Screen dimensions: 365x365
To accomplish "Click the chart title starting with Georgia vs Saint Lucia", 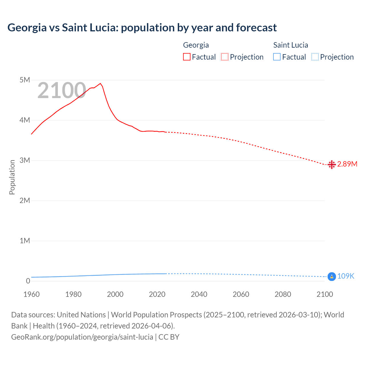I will click(x=142, y=28).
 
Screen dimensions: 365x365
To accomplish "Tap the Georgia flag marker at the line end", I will click(x=331, y=165).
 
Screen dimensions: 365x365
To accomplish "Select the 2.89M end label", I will click(x=347, y=164).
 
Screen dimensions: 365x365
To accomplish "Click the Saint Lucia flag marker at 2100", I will click(x=331, y=277).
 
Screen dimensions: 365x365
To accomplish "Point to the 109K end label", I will click(x=346, y=276).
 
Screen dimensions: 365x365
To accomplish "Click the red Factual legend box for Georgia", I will click(x=187, y=57).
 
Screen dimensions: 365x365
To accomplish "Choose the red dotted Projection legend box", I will click(x=225, y=57).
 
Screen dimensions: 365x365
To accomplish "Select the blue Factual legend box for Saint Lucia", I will click(x=277, y=57).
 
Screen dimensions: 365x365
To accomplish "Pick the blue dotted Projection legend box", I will click(x=315, y=57).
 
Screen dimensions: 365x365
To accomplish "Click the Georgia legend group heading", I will click(x=196, y=45).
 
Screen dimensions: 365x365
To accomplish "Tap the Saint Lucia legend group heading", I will click(x=291, y=45).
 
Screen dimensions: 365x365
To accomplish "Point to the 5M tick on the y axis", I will click(x=25, y=80).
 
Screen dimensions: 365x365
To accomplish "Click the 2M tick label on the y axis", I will click(x=25, y=200).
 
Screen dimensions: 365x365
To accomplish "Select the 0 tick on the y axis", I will click(x=28, y=281).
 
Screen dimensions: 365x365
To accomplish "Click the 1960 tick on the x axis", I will click(x=31, y=294).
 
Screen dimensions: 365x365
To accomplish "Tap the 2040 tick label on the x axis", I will click(x=199, y=294).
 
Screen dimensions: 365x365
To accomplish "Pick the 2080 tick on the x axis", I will click(x=283, y=294).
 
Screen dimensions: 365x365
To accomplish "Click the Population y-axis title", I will click(x=12, y=177).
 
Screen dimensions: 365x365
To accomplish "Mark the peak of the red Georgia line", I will click(x=100, y=84).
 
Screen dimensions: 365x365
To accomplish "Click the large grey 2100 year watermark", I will click(x=62, y=91).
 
